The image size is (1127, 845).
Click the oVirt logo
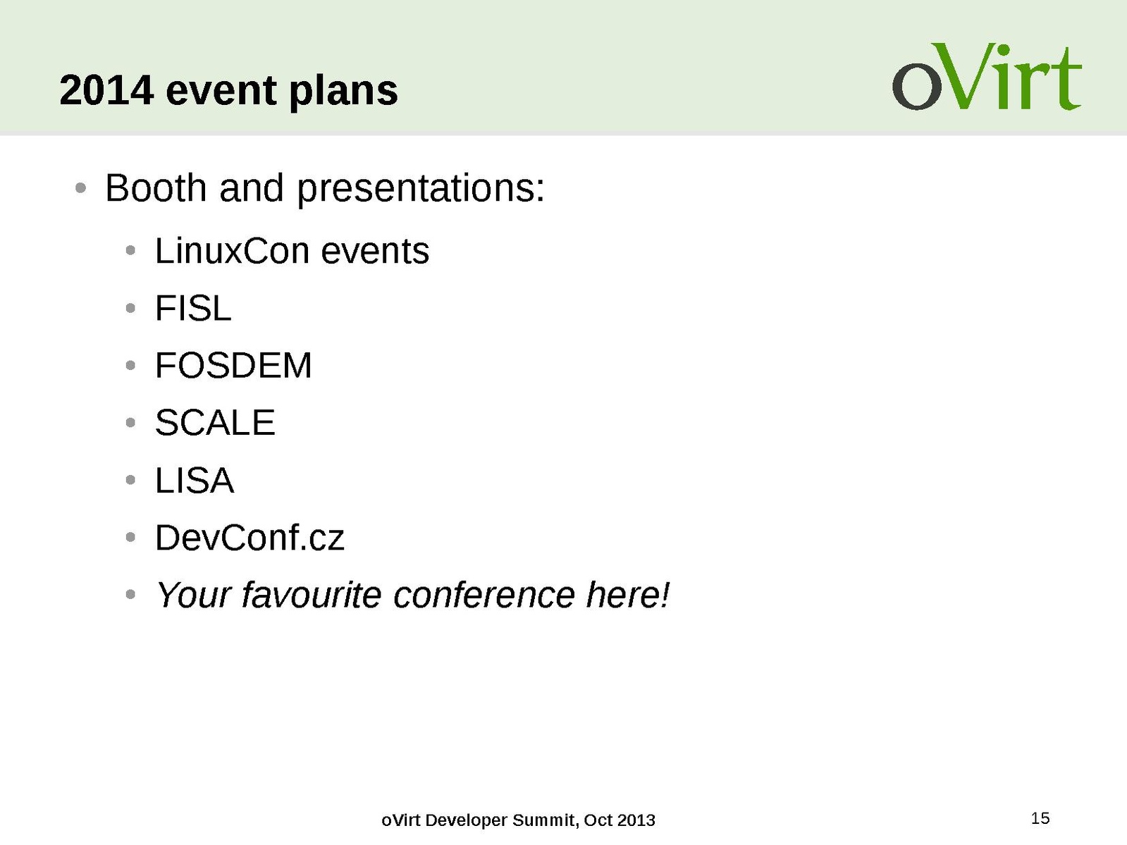pyautogui.click(x=987, y=77)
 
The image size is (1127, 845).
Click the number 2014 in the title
pyautogui.click(x=106, y=90)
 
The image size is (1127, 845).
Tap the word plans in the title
pyautogui.click(x=343, y=92)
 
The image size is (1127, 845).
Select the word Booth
pyautogui.click(x=156, y=188)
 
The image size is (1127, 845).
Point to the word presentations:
pyautogui.click(x=421, y=190)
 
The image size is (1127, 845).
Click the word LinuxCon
pyautogui.click(x=232, y=252)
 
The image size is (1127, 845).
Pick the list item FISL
pyautogui.click(x=193, y=309)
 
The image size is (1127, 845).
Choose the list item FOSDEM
pyautogui.click(x=233, y=366)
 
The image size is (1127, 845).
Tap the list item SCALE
pyautogui.click(x=215, y=423)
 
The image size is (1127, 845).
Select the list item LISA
pyautogui.click(x=195, y=481)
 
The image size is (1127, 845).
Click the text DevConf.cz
pyautogui.click(x=250, y=538)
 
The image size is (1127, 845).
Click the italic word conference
pyautogui.click(x=484, y=596)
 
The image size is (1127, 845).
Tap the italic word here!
pyautogui.click(x=629, y=595)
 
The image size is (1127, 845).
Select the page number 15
pyautogui.click(x=1040, y=818)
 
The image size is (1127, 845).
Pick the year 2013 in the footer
pyautogui.click(x=636, y=820)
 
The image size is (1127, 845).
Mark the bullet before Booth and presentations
pyautogui.click(x=80, y=188)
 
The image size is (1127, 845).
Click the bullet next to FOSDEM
pyautogui.click(x=130, y=366)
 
